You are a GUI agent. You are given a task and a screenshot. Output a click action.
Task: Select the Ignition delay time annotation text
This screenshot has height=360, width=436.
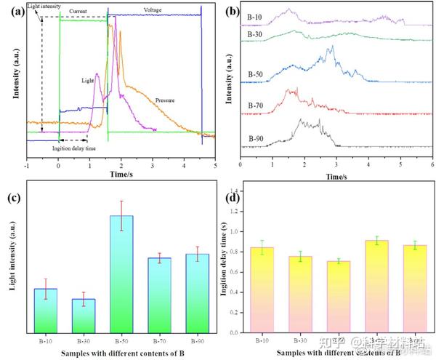[x=75, y=148]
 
